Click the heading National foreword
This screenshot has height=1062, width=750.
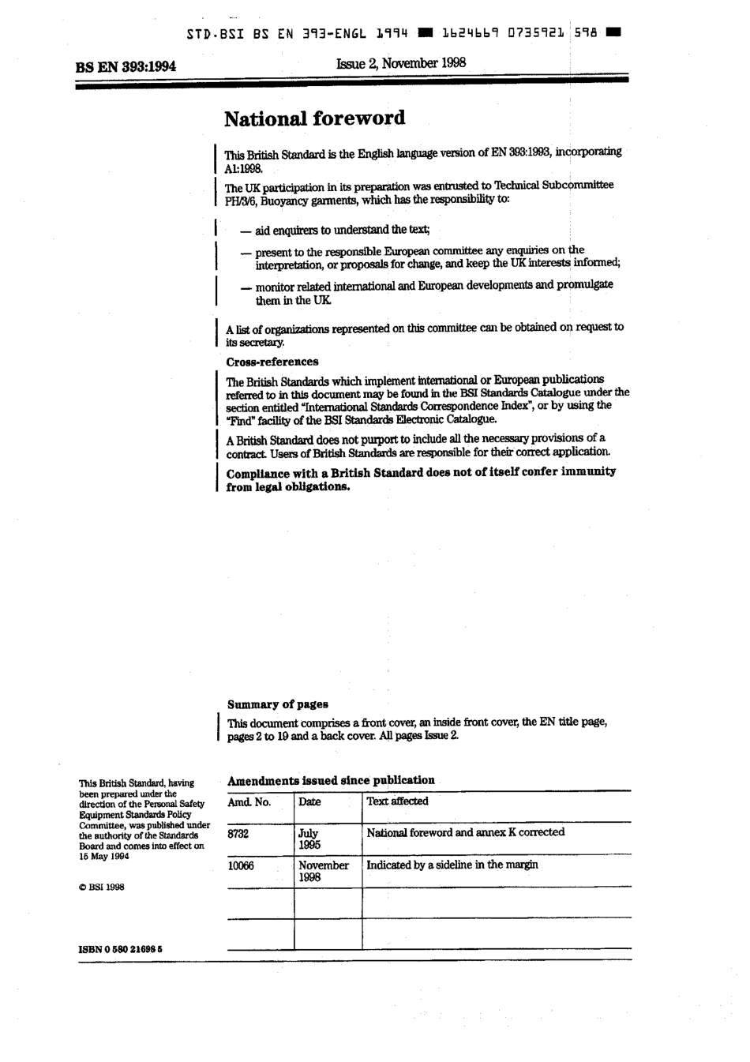tap(314, 118)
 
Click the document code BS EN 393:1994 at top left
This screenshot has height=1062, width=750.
tap(126, 66)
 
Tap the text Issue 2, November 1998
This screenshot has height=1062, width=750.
tap(400, 62)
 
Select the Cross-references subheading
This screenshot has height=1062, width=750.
tap(272, 362)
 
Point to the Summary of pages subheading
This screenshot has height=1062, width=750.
tap(277, 704)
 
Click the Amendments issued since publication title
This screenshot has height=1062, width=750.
tap(331, 780)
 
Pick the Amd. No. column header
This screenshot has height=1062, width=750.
tap(249, 801)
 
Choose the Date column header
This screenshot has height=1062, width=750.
tap(309, 801)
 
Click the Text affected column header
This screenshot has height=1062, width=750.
tap(397, 801)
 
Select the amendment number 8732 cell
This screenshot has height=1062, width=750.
tap(238, 833)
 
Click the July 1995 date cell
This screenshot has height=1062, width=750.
tap(309, 839)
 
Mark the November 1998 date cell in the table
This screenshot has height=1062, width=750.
tap(323, 871)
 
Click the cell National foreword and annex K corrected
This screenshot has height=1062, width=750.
tap(465, 832)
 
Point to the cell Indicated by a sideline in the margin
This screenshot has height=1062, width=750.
tap(452, 865)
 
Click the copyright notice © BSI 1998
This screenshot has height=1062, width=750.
tap(102, 887)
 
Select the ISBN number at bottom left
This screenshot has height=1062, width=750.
tap(120, 950)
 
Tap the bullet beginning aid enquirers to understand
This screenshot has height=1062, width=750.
tap(336, 230)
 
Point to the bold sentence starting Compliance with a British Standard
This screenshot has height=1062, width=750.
tap(420, 478)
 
